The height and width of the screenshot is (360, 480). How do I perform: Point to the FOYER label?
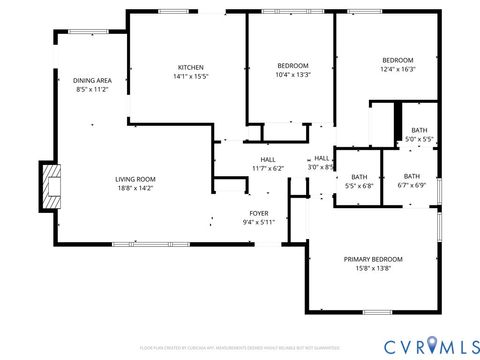point(258,213)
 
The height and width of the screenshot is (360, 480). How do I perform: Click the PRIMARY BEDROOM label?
point(372,259)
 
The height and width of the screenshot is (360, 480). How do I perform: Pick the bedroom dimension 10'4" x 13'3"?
point(292,75)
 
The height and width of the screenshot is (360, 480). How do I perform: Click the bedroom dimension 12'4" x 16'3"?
point(376,69)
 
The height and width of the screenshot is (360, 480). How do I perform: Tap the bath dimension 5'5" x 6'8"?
point(358,186)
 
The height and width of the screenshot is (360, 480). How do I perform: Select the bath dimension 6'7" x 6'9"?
point(412,185)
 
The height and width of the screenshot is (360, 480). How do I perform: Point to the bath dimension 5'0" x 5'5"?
point(419,139)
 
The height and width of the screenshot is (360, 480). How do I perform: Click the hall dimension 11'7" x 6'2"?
point(268,168)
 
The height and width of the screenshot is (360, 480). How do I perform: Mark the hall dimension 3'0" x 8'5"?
point(322,167)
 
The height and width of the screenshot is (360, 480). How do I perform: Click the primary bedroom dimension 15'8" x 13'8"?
point(372,268)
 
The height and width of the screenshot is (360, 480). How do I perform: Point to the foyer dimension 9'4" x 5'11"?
point(258,222)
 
